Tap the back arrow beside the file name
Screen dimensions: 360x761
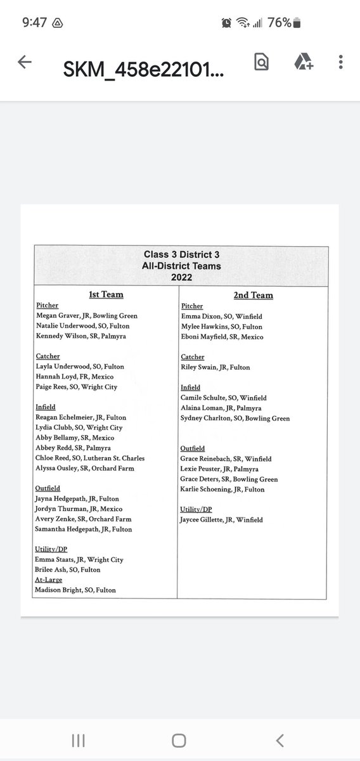pos(25,62)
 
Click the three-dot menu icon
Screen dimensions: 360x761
pos(341,62)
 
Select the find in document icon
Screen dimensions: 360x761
pos(260,62)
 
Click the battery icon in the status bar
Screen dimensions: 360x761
pos(297,23)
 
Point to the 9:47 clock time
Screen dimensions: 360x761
pos(35,23)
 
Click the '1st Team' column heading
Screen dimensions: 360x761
pos(105,294)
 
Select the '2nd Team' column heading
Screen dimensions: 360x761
pos(253,294)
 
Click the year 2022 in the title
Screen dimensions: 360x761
pos(181,277)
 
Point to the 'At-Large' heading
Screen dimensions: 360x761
pos(48,580)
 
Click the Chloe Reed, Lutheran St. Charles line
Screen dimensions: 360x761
pos(90,458)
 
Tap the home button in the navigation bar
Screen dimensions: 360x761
pos(179,740)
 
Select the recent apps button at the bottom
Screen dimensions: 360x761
pos(78,740)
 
